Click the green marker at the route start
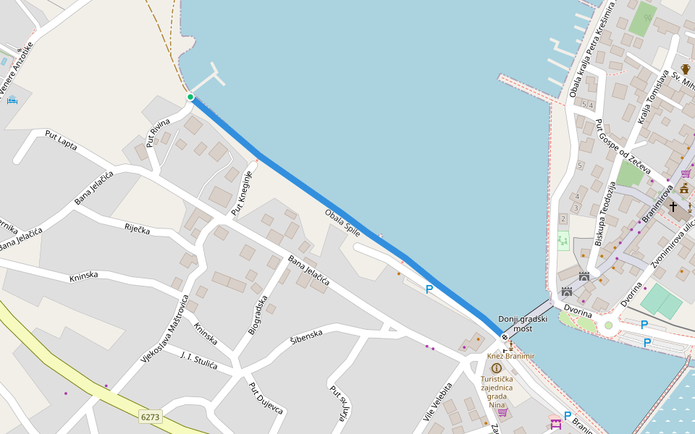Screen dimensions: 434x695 click(190, 97)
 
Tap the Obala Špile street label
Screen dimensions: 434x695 click(342, 223)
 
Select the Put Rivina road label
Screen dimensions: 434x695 click(159, 132)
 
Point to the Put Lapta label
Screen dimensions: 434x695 click(61, 139)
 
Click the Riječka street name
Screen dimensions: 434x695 click(137, 229)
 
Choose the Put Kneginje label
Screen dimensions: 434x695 click(242, 194)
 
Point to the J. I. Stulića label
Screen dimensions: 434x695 click(198, 360)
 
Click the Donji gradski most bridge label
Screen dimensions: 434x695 click(523, 324)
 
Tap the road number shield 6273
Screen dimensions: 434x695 click(151, 417)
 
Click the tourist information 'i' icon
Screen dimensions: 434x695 click(496, 368)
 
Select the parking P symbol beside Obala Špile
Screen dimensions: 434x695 click(429, 289)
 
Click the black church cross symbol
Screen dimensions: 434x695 click(673, 206)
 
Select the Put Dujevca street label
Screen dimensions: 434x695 click(266, 398)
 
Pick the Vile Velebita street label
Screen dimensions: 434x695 click(437, 402)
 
